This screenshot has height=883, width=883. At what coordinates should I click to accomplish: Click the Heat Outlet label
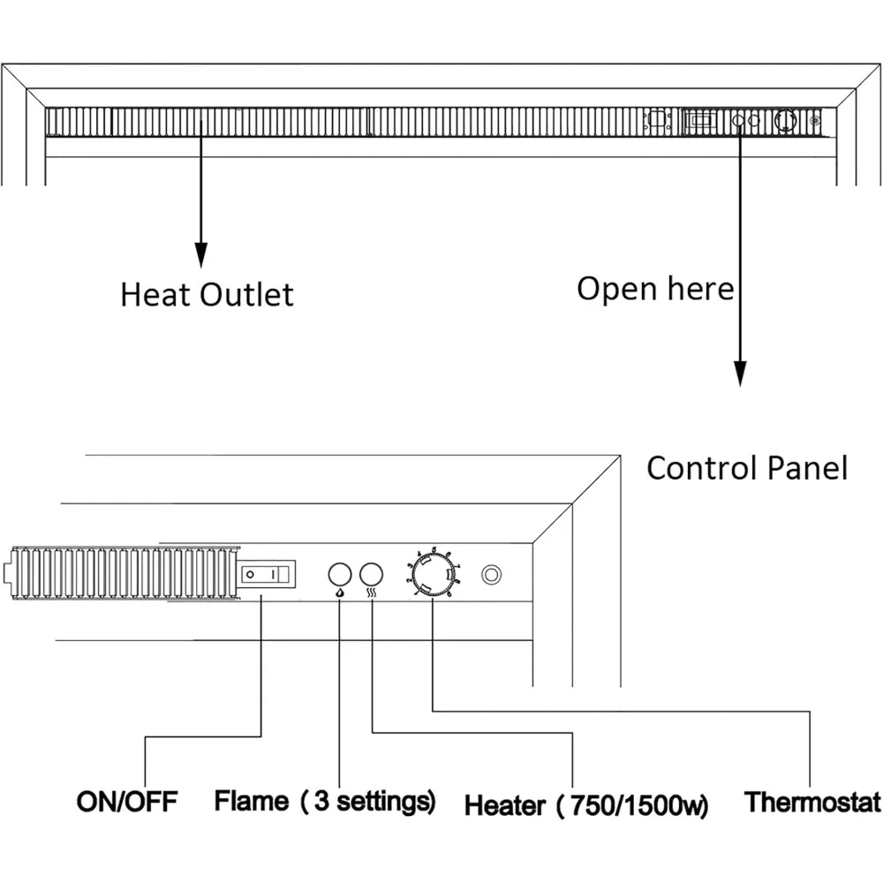pos(207,294)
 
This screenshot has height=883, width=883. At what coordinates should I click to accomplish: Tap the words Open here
pos(654,288)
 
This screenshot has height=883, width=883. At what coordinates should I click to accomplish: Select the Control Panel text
pos(747,468)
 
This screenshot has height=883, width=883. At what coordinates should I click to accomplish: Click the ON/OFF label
pos(127,802)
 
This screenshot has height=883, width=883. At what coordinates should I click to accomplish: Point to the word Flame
pos(252,801)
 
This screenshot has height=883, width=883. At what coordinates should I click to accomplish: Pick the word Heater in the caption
pos(505,804)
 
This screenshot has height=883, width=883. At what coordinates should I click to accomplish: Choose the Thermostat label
pos(812,802)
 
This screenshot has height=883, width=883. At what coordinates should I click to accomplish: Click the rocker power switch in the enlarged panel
pos(267,574)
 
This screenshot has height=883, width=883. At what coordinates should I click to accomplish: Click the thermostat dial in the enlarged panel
pos(433,575)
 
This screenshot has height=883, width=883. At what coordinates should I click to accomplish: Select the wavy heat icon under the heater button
pos(373,594)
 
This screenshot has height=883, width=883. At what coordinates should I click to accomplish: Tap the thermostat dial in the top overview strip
pos(783,122)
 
